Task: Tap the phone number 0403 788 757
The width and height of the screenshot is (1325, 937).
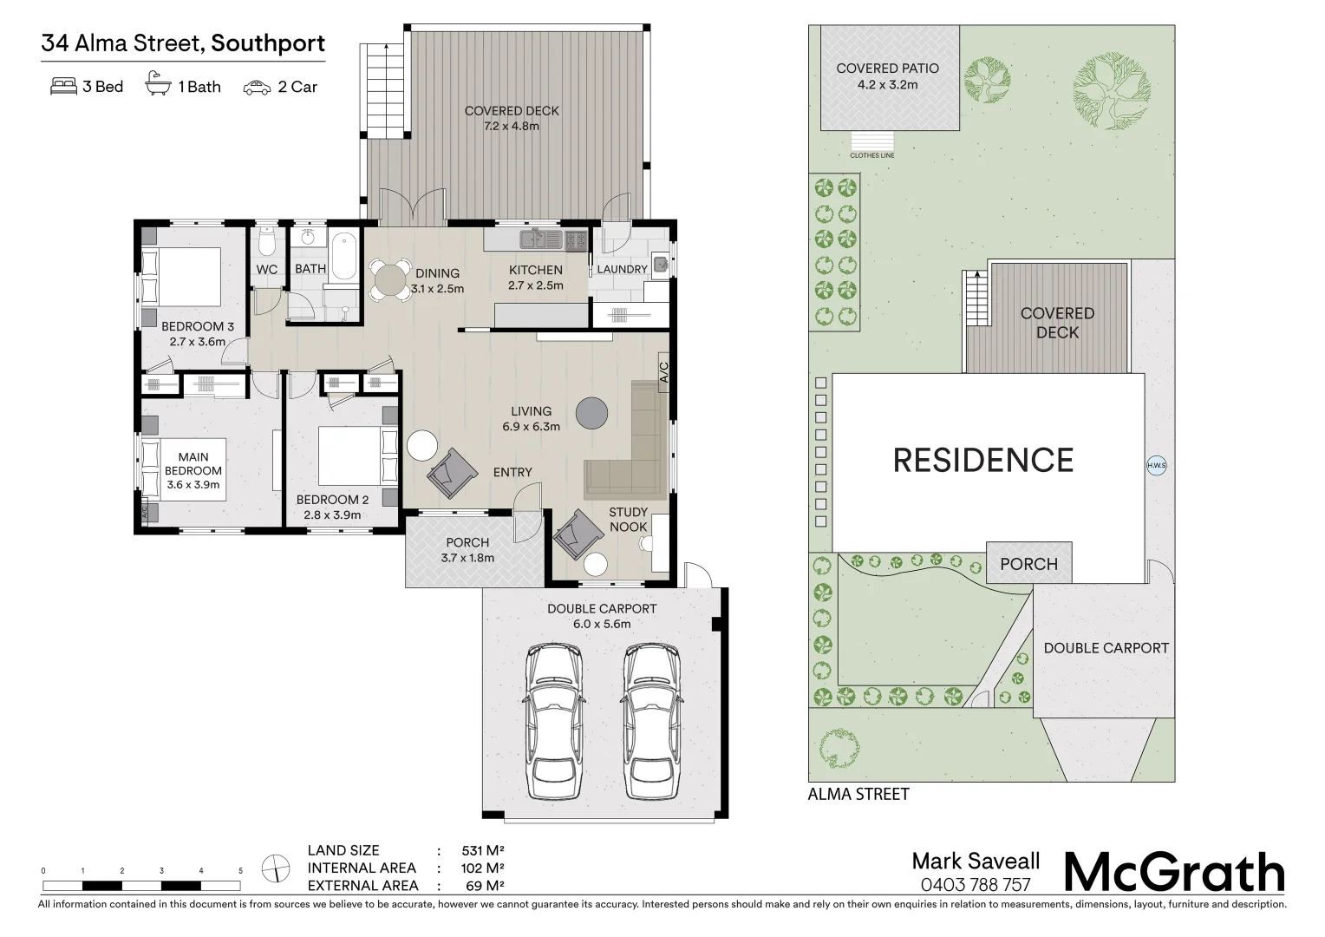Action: [975, 885]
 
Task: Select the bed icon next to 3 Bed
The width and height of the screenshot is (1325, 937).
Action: [64, 87]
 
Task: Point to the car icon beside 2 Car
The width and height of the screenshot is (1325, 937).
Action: [257, 88]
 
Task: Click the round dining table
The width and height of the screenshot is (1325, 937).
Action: [391, 280]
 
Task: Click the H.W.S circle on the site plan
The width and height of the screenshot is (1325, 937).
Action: [1157, 466]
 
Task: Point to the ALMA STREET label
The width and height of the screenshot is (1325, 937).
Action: [858, 794]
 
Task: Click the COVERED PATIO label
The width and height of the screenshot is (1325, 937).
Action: [887, 69]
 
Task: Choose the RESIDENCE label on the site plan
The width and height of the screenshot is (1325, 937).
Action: [983, 460]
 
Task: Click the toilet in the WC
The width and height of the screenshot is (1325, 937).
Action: [267, 239]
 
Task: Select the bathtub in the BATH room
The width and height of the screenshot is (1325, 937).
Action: [343, 254]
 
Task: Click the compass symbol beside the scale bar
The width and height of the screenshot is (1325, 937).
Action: [276, 868]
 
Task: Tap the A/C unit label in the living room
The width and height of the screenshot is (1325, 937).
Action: [664, 373]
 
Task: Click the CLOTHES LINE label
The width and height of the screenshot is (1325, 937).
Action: [872, 156]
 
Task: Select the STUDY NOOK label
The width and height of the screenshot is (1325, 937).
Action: [628, 520]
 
